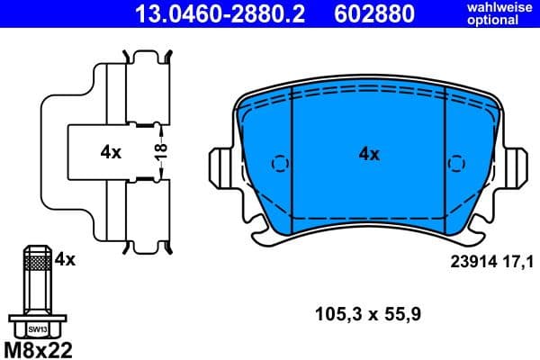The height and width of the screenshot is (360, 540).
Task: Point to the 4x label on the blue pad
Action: (369, 154)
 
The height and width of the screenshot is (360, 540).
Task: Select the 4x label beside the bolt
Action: (65, 259)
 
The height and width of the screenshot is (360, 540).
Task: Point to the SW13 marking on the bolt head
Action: (34, 329)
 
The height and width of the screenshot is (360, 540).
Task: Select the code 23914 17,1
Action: (490, 262)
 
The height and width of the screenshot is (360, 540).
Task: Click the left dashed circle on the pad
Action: (279, 165)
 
